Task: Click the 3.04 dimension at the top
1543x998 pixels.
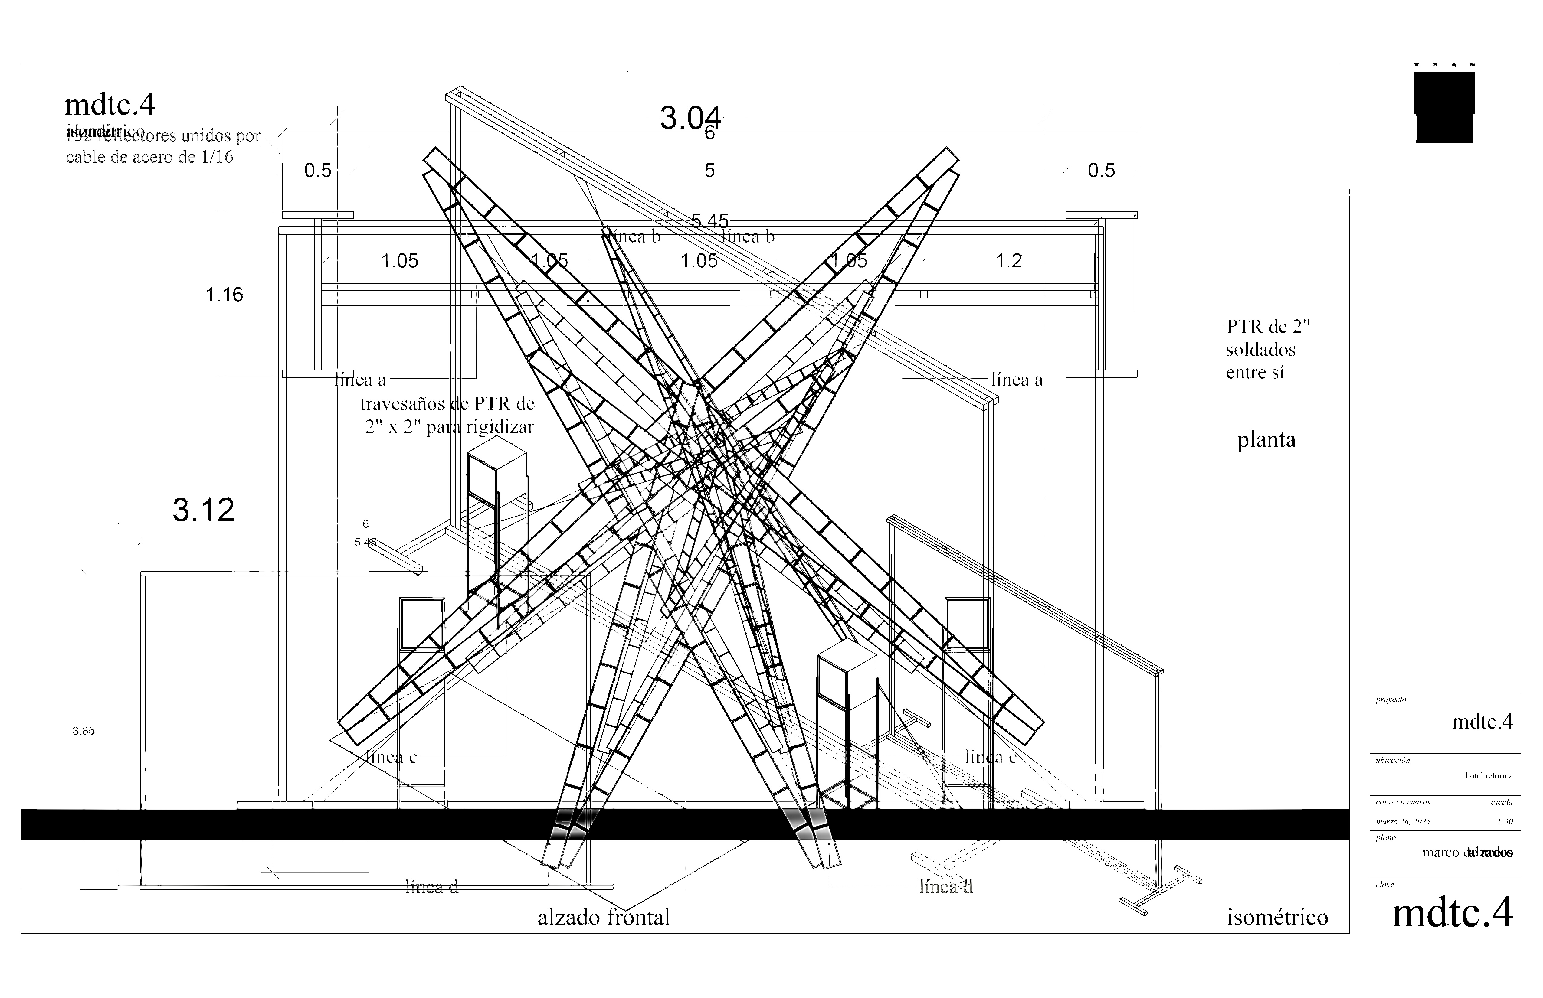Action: [690, 118]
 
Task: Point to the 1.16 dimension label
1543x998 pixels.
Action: [224, 295]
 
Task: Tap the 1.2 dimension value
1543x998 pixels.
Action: [1009, 260]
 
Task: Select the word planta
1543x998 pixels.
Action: [1266, 440]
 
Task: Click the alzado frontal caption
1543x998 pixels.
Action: [604, 917]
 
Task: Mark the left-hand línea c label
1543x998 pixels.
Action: [391, 757]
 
